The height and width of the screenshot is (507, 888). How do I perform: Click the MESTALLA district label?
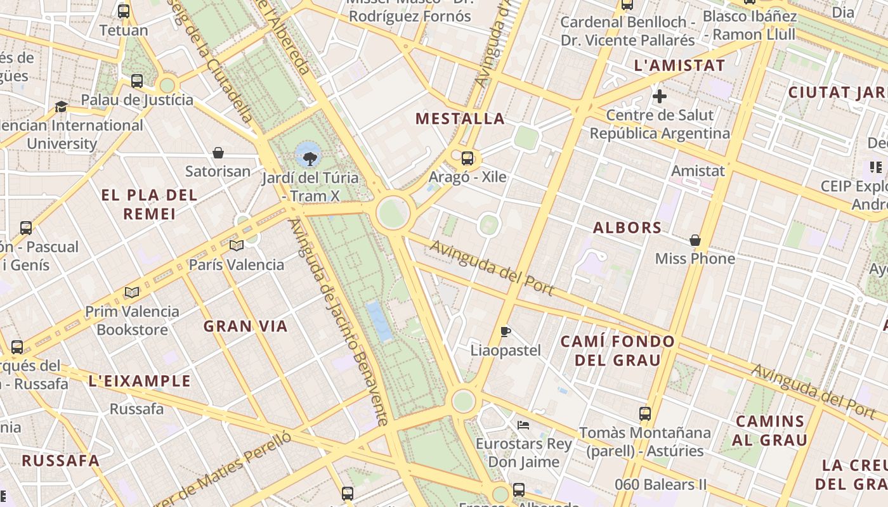click(460, 119)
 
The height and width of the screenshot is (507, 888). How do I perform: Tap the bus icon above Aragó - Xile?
click(467, 158)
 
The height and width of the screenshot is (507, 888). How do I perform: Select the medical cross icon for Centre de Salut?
click(660, 96)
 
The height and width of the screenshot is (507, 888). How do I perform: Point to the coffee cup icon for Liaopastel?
click(506, 331)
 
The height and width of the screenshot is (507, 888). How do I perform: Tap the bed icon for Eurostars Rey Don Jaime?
click(523, 425)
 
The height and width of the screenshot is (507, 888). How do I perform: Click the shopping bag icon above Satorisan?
click(218, 153)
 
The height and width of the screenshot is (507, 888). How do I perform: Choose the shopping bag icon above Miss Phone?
click(695, 240)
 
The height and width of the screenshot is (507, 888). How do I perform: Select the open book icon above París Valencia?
click(237, 245)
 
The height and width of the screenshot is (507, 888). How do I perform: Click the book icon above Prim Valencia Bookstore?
click(132, 292)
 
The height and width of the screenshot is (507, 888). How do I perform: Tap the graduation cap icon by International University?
click(61, 106)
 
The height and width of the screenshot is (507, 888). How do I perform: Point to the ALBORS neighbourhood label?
click(627, 228)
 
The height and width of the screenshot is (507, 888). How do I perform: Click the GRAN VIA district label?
click(245, 326)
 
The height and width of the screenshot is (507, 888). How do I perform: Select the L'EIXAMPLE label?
click(140, 381)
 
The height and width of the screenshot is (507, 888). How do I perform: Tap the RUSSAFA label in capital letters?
click(61, 461)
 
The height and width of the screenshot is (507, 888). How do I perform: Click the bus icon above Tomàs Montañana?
click(645, 414)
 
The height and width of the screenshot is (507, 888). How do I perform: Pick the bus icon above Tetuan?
click(124, 11)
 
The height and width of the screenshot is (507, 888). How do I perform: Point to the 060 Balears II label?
click(660, 485)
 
